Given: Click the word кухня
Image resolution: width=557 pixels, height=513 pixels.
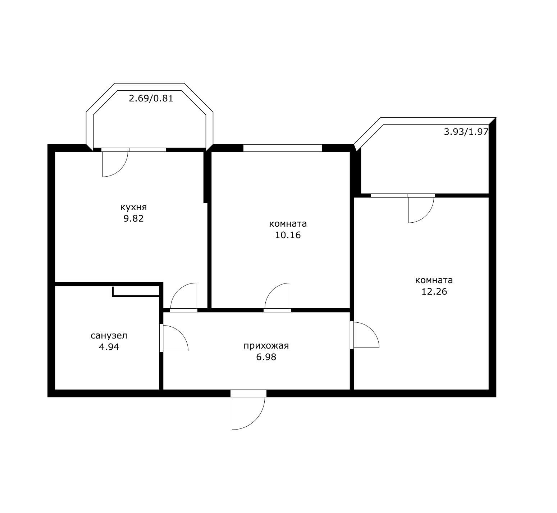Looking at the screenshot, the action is point(133,208).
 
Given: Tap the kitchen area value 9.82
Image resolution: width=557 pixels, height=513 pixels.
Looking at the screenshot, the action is point(133,219).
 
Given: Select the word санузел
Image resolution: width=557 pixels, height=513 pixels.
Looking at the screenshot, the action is point(109,336).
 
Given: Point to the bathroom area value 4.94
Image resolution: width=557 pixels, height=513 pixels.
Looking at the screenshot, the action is point(109,347).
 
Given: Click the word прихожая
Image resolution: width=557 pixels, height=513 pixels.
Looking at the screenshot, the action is point(266,346).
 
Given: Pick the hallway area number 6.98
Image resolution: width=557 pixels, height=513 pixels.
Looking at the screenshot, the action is point(266,357).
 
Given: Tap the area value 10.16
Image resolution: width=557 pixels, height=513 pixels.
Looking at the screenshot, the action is point(288,235).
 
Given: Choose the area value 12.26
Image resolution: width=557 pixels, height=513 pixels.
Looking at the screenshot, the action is point(434,292).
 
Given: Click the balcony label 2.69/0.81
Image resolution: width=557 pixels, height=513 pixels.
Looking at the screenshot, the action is point(151,98).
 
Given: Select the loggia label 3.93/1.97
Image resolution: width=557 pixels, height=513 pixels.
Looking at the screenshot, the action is point(466,132).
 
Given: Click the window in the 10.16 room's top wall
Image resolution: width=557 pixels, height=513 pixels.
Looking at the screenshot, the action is point(283,148).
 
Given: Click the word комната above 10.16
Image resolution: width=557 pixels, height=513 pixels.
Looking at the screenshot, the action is point(288,224).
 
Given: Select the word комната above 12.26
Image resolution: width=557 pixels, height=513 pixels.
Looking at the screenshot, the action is point(434,280).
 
